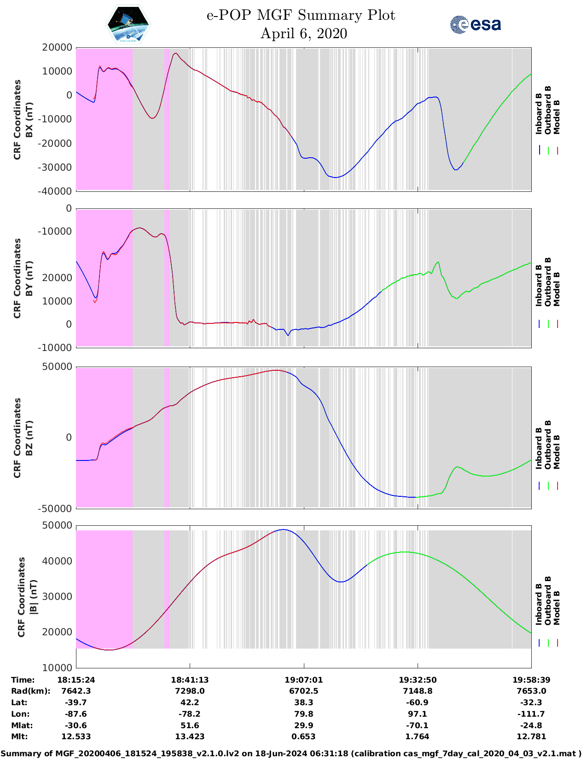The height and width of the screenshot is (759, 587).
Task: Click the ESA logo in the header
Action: click(x=475, y=24)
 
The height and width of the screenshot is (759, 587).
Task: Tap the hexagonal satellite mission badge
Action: click(x=128, y=24)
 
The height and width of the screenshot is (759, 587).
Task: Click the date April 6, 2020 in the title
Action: click(x=303, y=34)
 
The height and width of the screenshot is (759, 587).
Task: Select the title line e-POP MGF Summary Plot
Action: click(x=301, y=15)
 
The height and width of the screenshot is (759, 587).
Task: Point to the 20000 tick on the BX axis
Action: click(x=57, y=47)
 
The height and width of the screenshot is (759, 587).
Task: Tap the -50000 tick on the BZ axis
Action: click(x=55, y=509)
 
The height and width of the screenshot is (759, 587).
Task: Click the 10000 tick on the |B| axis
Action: click(x=57, y=667)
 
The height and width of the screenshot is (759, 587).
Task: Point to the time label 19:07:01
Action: click(x=303, y=680)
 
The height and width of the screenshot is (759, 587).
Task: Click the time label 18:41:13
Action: click(x=190, y=680)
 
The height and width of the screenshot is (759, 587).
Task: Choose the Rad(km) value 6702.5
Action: click(x=303, y=691)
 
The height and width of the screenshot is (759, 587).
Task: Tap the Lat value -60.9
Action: click(x=418, y=702)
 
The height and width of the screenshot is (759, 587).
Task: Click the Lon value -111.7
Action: click(x=531, y=714)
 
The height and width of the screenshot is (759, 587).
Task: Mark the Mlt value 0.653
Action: click(x=303, y=736)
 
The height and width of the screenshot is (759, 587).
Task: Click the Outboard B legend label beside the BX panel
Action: click(x=548, y=110)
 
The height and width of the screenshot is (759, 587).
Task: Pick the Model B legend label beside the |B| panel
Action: click(x=557, y=608)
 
